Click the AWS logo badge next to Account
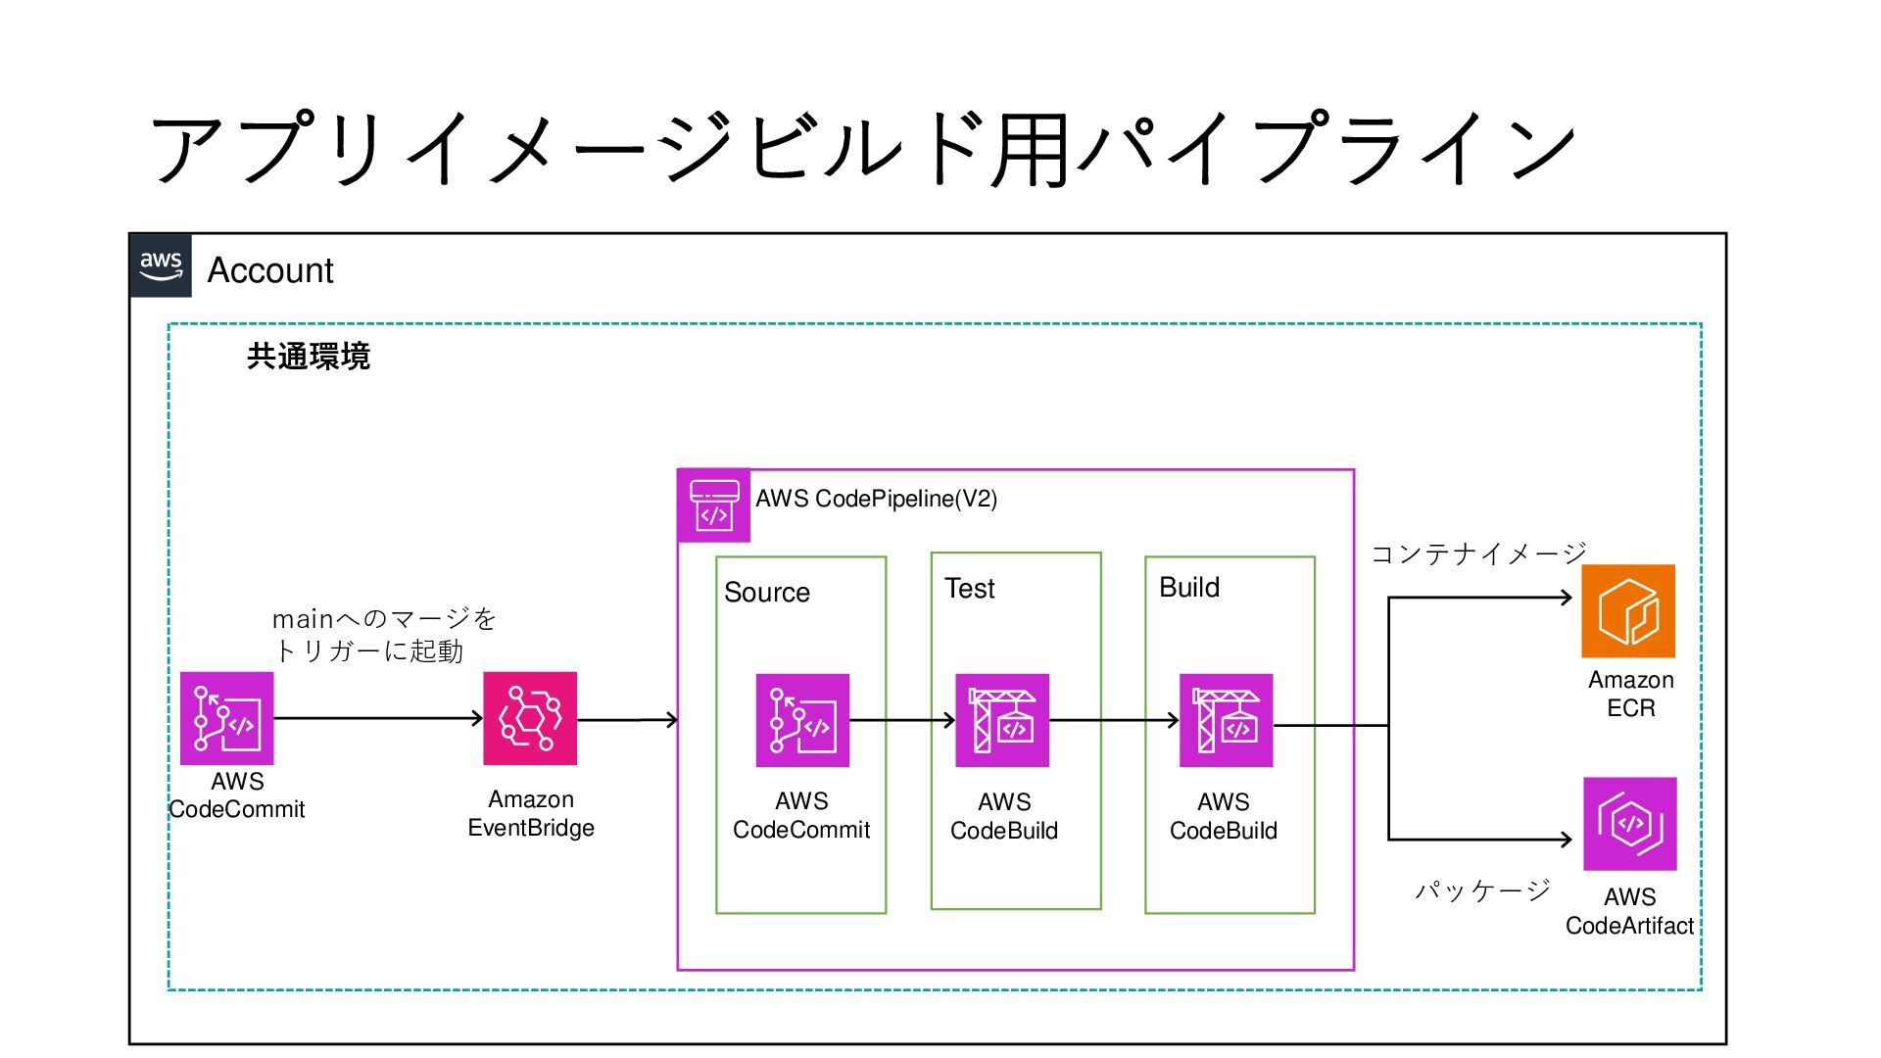[161, 265]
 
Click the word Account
[270, 270]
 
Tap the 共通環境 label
[309, 356]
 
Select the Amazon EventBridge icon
[530, 718]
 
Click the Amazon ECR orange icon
[1628, 611]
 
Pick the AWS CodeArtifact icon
[1630, 824]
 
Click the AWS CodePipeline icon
[714, 505]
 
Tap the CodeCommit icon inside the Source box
[802, 720]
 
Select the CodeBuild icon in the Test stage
[1002, 720]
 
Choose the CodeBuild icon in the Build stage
[1227, 720]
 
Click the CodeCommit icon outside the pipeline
[227, 718]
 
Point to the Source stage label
[767, 593]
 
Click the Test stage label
[970, 589]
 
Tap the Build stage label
[1189, 588]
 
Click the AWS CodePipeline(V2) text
[876, 499]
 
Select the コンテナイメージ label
[1478, 554]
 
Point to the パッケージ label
[1482, 890]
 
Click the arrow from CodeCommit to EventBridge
[379, 718]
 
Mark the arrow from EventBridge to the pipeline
[627, 720]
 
